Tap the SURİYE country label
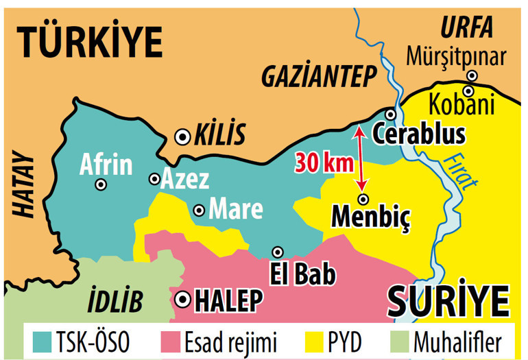tap(449, 299)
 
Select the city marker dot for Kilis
tap(182, 136)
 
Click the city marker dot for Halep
tap(182, 300)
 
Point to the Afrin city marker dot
tap(101, 184)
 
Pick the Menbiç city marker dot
tap(363, 199)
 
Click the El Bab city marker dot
tap(278, 252)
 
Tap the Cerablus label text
tap(418, 134)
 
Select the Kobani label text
tap(461, 106)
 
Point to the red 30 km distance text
tap(324, 163)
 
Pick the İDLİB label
tap(115, 300)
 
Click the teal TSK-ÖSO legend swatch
tap(43, 340)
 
